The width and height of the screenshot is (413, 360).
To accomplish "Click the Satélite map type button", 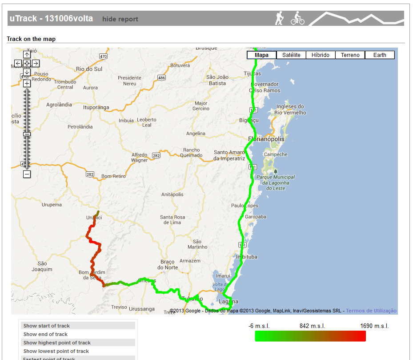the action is pos(291,55).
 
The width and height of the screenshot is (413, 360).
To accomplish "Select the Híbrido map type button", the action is pos(320,55).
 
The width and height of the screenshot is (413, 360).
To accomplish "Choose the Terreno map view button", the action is pos(350,55).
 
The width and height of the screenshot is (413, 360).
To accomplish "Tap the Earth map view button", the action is pos(380,55).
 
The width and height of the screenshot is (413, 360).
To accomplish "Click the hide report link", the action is pos(120,19).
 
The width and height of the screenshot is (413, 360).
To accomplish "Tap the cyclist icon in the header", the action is pos(297,19).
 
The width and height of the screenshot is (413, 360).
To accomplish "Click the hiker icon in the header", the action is pos(280,18).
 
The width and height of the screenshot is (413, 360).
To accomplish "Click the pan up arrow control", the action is pos(27,54).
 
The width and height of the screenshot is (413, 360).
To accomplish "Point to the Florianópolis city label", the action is pos(266,139).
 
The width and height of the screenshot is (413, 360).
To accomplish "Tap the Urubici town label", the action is pos(94,218).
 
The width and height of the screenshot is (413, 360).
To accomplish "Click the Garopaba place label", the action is pos(255,217).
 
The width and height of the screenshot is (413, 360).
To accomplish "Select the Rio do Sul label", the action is pos(89,69).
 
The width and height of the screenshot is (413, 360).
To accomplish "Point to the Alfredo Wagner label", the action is pos(140,158).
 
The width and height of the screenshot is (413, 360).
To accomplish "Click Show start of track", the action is pos(47,326).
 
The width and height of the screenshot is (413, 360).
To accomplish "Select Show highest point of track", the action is pos(57,343).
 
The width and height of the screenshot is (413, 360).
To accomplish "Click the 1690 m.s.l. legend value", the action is pos(374,326).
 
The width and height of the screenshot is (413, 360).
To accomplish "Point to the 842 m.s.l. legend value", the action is pos(312,326).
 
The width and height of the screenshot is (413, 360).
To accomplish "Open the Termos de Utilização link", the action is pos(371,311).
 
